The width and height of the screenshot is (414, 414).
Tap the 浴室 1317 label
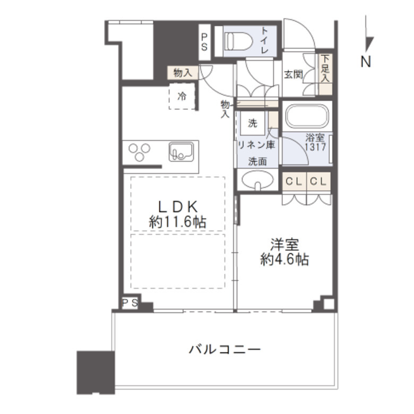pyautogui.click(x=315, y=142)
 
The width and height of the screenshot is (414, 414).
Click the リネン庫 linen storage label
pyautogui.click(x=256, y=145)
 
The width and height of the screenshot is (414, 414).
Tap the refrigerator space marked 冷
pyautogui.click(x=182, y=97)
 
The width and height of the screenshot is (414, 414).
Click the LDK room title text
pyautogui.click(x=177, y=205)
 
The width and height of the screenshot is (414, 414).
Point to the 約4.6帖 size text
pyautogui.click(x=284, y=260)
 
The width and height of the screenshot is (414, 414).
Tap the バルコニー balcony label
pyautogui.click(x=225, y=350)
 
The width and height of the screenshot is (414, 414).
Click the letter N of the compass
pyautogui.click(x=366, y=62)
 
